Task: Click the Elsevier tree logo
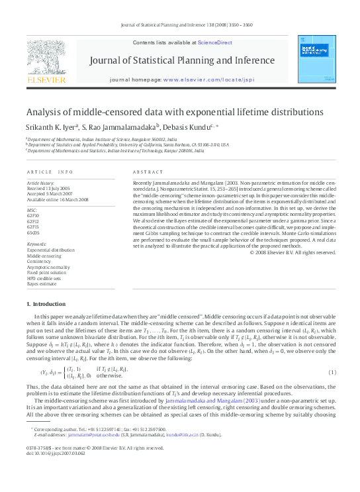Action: [x=46, y=59]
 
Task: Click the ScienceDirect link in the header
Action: [x=214, y=42]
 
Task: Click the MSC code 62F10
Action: [x=32, y=216]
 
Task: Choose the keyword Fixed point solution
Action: [x=47, y=272]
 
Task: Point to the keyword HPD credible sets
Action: [x=44, y=278]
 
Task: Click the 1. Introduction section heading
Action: [x=46, y=304]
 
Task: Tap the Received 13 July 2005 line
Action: [x=48, y=187]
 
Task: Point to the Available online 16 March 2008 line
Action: [x=56, y=199]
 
